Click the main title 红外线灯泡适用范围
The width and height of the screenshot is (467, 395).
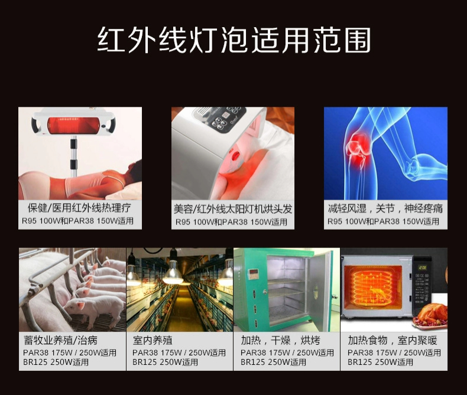pos(234,40)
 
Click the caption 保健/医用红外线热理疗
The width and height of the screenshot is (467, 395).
pos(80,208)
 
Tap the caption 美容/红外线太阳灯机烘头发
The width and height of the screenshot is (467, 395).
pos(233,209)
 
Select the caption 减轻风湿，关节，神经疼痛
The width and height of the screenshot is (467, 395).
pos(385,208)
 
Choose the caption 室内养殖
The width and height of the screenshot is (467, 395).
pos(153,341)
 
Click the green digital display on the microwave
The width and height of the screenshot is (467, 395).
pos(423,267)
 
